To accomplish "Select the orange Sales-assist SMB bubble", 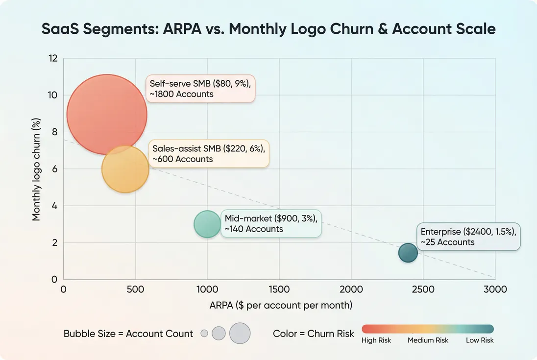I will coord(125,169).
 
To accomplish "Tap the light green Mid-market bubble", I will coord(208,224).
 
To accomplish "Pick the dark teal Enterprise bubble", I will coord(408,253).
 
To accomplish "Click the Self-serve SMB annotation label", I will coord(200,89).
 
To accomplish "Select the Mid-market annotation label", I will coord(271,224).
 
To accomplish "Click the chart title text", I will coord(268,29).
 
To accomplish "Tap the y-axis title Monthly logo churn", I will coord(36,169).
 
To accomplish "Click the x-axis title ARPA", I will coord(281,306).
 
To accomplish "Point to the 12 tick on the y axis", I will coord(53,58).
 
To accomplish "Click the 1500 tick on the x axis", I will coord(279,289).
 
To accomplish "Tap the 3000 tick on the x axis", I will coord(495,289).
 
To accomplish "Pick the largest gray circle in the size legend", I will coord(240,333).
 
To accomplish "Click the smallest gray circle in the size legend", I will coord(204,334).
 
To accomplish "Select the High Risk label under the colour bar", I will coord(376,340).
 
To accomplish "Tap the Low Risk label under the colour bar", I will coord(480,340).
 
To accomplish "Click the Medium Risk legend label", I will coord(428,340).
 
